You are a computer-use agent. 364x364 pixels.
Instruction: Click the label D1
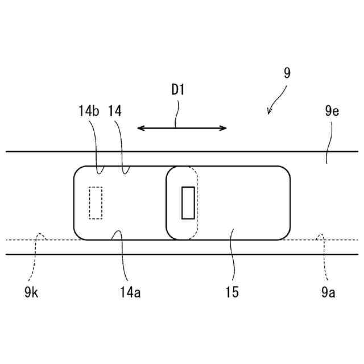pyautogui.click(x=178, y=90)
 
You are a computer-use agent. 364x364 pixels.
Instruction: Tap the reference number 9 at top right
pyautogui.click(x=287, y=73)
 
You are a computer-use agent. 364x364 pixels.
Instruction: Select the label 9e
pyautogui.click(x=332, y=111)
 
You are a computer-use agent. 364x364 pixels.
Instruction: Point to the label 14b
pyautogui.click(x=89, y=111)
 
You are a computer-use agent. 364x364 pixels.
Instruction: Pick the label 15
pyautogui.click(x=231, y=293)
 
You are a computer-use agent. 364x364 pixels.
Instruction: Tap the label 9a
pyautogui.click(x=327, y=293)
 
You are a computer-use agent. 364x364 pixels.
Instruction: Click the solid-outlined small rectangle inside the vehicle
pyautogui.click(x=188, y=202)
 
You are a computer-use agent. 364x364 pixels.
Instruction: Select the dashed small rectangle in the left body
pyautogui.click(x=96, y=202)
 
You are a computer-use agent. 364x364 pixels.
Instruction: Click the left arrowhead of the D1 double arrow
pyautogui.click(x=140, y=129)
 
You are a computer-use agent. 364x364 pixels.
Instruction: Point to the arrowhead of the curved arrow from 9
pyautogui.click(x=269, y=113)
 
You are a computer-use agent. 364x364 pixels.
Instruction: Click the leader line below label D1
pyautogui.click(x=178, y=114)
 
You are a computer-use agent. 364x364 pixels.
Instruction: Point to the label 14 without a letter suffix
pyautogui.click(x=115, y=111)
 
